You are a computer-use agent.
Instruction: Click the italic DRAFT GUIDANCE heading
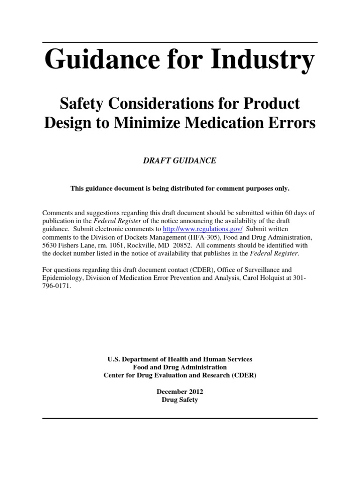180,160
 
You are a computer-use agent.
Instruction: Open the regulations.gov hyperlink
202,229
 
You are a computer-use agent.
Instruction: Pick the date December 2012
180,391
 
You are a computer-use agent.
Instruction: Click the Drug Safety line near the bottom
180,400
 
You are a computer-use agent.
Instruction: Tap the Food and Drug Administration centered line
180,367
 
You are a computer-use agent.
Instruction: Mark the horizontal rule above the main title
180,43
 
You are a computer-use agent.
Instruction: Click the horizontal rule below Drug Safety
180,418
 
